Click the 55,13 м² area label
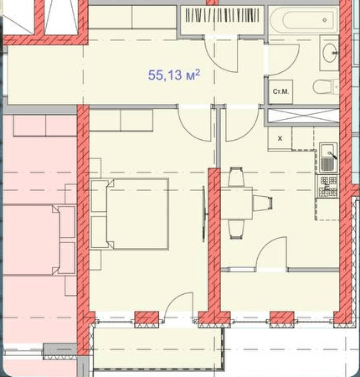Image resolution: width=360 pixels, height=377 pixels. (x=174, y=75)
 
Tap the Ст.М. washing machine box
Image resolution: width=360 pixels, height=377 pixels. (x=280, y=91)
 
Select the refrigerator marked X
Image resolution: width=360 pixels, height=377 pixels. (x=280, y=138)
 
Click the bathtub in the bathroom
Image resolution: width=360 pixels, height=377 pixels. (x=304, y=20)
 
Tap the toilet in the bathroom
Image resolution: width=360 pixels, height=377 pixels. (x=326, y=86)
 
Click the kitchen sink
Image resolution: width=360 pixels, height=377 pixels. (x=328, y=157)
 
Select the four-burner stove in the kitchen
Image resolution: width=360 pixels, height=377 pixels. (x=328, y=186)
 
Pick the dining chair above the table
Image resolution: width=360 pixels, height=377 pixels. (x=236, y=177)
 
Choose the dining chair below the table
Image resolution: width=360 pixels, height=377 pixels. (x=237, y=229)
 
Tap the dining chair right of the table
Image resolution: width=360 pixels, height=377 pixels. (x=263, y=203)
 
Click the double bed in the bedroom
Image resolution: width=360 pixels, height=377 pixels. (x=130, y=214)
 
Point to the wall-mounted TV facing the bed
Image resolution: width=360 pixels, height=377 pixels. (x=204, y=214)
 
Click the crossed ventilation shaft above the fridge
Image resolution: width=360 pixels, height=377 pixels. (x=303, y=116)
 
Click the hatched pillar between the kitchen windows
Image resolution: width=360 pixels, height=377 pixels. (x=281, y=319)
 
